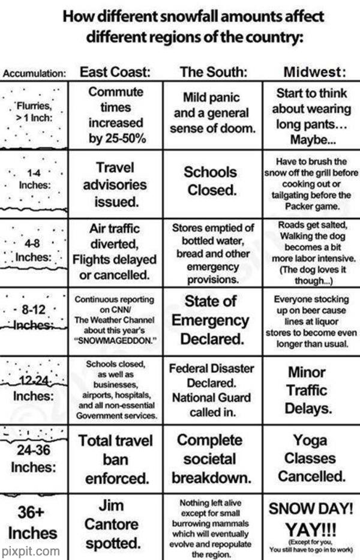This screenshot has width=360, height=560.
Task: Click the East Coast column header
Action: (x=115, y=73)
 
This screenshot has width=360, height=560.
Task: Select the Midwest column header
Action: (x=315, y=73)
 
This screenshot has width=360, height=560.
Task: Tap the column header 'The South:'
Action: (x=214, y=73)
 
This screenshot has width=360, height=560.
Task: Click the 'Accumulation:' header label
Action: (x=34, y=74)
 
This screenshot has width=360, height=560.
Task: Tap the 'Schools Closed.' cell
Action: (x=210, y=181)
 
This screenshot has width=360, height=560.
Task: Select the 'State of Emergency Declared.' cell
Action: (x=210, y=319)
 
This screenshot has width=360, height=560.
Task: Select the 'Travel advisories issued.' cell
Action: (x=114, y=184)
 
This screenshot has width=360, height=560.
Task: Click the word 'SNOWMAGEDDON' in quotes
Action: (x=115, y=340)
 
